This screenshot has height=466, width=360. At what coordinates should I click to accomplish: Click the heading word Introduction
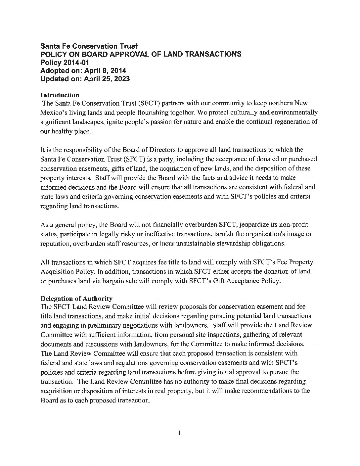point(60,95)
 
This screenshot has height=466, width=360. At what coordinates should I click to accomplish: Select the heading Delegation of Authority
point(76,299)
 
